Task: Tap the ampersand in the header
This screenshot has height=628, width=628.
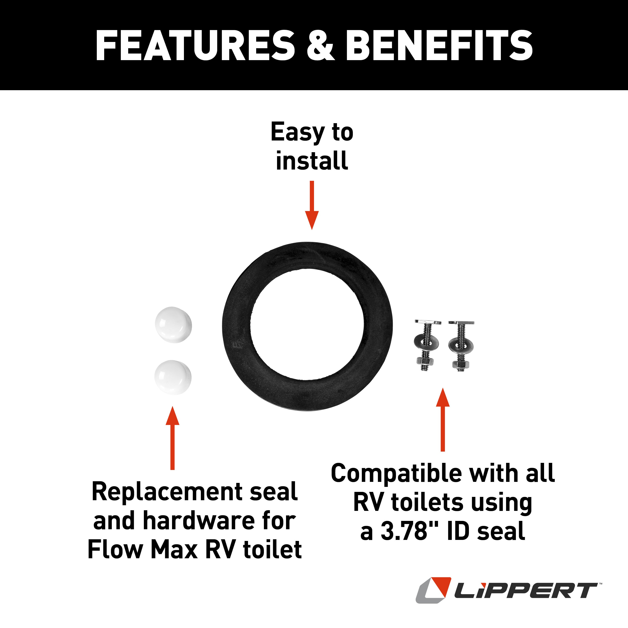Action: [320, 46]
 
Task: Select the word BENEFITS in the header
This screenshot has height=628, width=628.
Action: [439, 46]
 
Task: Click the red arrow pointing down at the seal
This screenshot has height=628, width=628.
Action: [312, 205]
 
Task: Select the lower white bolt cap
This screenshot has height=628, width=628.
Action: [173, 377]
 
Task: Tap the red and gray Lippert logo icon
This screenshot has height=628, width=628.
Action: [433, 590]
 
